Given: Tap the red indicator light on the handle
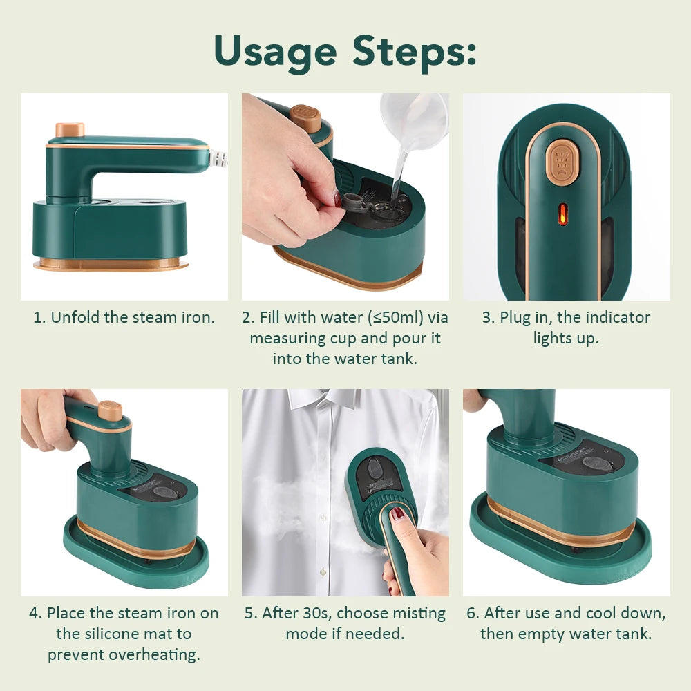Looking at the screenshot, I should tap(562, 214).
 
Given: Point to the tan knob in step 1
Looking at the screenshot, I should tap(70, 129).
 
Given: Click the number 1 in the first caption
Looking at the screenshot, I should tap(38, 318).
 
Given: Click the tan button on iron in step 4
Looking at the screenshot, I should tap(110, 410).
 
